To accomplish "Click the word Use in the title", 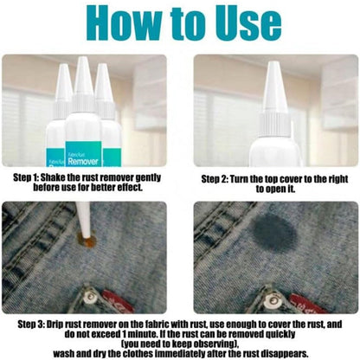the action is [249, 22].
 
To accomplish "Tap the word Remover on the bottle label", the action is [83, 161].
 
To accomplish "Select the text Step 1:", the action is [26, 177].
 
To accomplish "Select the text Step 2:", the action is [215, 179].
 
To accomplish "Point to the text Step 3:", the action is [31, 324].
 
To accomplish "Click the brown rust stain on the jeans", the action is [87, 241].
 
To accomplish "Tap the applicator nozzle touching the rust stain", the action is [85, 220].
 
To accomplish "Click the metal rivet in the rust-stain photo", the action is [91, 297].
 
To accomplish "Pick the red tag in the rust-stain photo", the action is [118, 302].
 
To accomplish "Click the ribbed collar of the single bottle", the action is [274, 125].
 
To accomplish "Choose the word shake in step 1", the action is [53, 177].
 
